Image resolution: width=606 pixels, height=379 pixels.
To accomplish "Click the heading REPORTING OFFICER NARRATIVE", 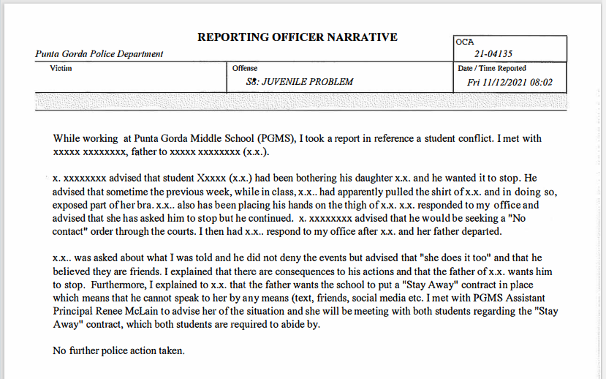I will pyautogui.click(x=297, y=37).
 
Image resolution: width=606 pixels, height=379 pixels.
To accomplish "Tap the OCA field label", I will pyautogui.click(x=465, y=42).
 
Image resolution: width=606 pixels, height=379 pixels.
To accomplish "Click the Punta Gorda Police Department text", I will pyautogui.click(x=99, y=54).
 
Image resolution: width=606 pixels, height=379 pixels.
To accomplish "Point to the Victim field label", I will pyautogui.click(x=61, y=68).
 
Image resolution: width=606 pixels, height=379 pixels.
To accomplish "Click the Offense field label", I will pyautogui.click(x=245, y=68).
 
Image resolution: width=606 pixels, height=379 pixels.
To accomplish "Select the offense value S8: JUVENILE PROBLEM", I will pyautogui.click(x=300, y=82).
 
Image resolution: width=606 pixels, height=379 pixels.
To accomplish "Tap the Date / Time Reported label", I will pyautogui.click(x=491, y=68).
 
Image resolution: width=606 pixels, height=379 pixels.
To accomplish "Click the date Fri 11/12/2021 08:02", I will pyautogui.click(x=510, y=83).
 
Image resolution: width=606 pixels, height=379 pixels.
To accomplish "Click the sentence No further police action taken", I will pyautogui.click(x=118, y=350).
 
